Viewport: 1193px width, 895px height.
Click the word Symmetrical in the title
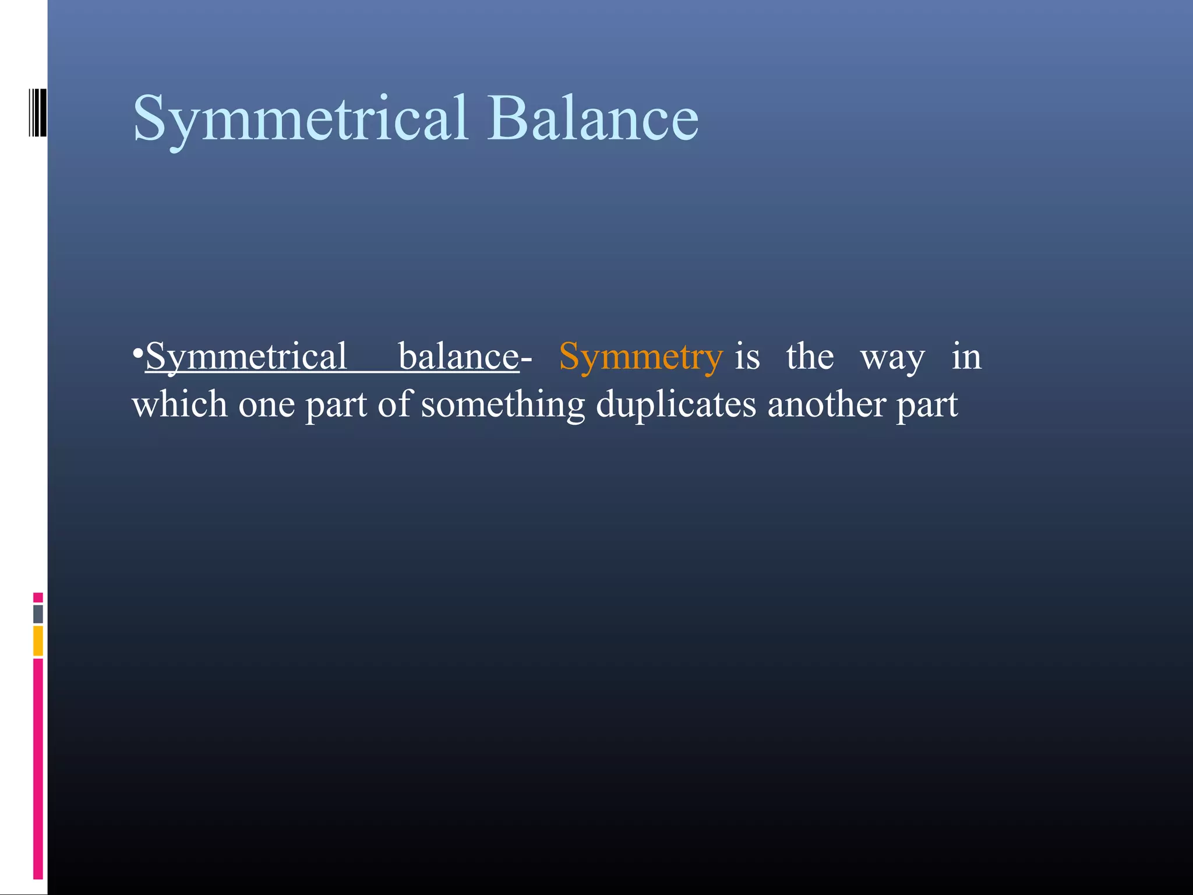(x=300, y=119)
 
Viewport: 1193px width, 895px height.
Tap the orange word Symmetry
(x=640, y=357)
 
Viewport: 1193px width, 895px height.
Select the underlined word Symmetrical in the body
(x=246, y=357)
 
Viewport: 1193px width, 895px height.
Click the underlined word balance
(x=458, y=356)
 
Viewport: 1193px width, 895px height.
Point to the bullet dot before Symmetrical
(x=137, y=354)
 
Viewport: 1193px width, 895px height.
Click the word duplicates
(x=676, y=405)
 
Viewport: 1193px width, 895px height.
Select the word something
(x=503, y=405)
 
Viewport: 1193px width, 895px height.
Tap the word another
(x=827, y=404)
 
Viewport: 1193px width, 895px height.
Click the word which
(x=179, y=404)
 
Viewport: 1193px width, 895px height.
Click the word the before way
(x=810, y=356)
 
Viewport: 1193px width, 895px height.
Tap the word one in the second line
(x=266, y=405)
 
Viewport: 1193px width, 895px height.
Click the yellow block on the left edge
(x=38, y=640)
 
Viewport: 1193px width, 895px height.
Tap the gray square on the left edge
(x=38, y=614)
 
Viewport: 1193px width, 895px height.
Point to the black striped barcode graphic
(x=37, y=112)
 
